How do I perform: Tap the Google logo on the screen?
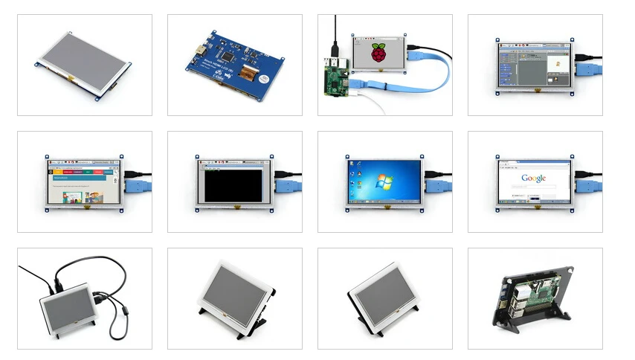(534, 178)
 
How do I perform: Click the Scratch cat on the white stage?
(557, 65)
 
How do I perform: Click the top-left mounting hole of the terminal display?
(198, 158)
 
